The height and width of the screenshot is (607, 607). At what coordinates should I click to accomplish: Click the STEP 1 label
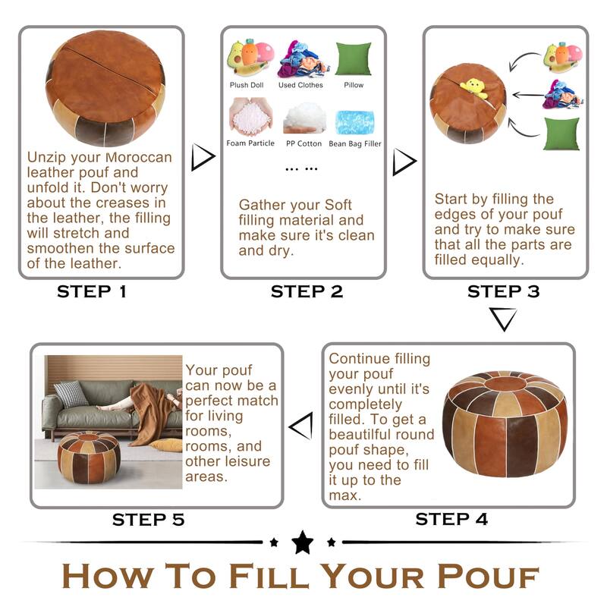[92, 291]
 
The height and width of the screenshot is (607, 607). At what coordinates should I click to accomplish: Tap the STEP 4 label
[451, 519]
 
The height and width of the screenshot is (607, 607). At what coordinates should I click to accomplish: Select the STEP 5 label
[148, 520]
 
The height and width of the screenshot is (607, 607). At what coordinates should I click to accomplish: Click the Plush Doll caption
[247, 85]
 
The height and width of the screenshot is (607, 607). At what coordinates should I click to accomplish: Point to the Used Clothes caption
[300, 85]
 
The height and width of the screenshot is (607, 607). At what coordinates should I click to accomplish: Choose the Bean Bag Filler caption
[355, 143]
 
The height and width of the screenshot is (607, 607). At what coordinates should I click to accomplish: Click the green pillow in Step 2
[354, 58]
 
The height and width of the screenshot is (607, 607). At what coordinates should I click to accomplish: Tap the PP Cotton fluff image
[305, 118]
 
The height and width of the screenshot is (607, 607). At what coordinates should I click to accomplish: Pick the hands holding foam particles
[251, 116]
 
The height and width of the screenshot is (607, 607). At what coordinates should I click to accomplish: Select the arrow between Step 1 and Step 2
[203, 157]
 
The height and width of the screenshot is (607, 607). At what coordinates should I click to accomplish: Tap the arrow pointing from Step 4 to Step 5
[301, 426]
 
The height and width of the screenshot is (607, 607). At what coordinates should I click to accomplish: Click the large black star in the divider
[302, 542]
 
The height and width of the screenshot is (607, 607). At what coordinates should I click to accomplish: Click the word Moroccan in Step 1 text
[139, 157]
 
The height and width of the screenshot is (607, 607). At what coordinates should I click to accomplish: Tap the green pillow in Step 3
[561, 134]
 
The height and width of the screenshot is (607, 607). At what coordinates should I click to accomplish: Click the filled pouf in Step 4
[505, 424]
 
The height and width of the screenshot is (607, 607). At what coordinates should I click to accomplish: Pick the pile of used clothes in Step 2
[302, 60]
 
